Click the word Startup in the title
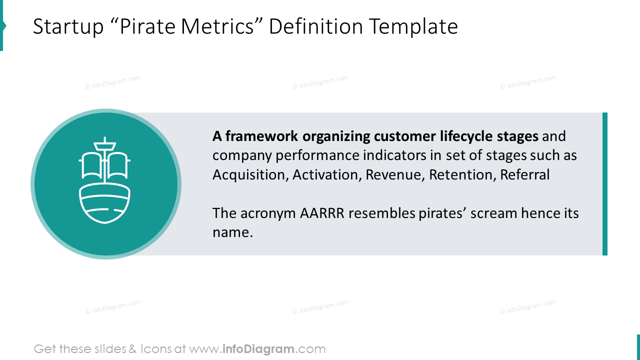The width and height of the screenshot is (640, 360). click(x=68, y=27)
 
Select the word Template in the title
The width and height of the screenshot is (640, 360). click(x=413, y=27)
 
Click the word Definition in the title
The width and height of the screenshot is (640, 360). click(x=315, y=26)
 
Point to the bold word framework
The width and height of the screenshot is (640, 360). click(x=261, y=136)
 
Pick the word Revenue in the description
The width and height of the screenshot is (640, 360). click(x=395, y=174)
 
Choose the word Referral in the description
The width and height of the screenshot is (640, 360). click(x=525, y=174)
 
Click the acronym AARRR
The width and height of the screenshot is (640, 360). click(x=322, y=213)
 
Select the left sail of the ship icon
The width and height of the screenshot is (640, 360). click(x=90, y=165)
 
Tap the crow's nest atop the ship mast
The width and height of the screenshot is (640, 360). click(x=105, y=146)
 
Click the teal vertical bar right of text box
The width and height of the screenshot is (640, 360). click(x=605, y=184)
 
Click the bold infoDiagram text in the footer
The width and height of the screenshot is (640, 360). click(x=258, y=349)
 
